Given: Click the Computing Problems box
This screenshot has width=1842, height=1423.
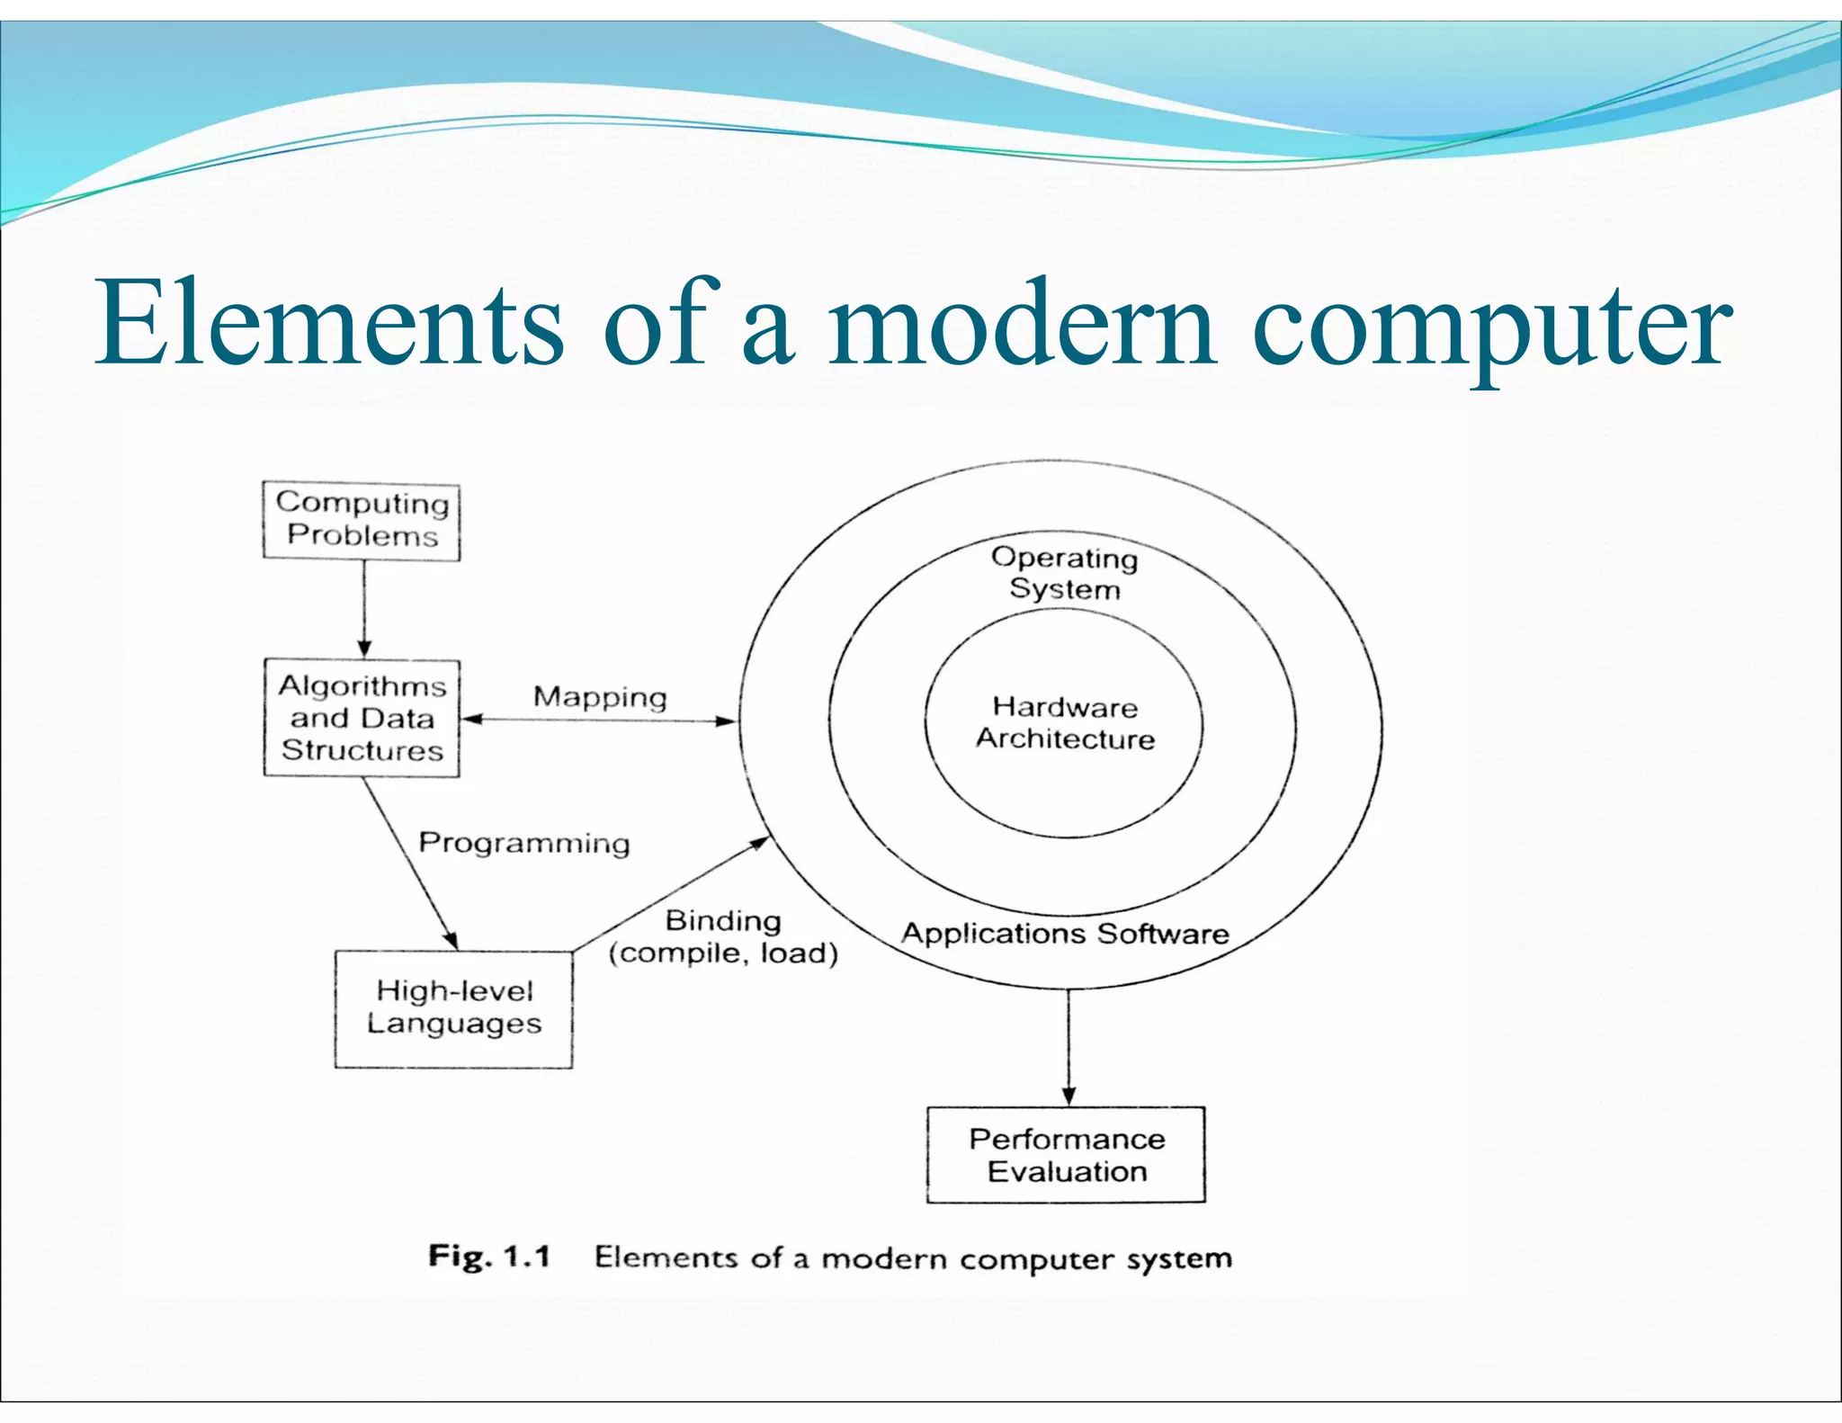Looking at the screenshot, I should [x=362, y=521].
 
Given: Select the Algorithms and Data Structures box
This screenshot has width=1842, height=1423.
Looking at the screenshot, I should [x=362, y=718].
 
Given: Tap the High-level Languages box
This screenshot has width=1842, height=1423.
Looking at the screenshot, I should [x=453, y=1008].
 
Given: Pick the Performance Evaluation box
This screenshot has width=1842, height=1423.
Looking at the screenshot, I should [x=1066, y=1155].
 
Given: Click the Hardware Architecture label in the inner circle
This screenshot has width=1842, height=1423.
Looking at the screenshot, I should [x=1065, y=722].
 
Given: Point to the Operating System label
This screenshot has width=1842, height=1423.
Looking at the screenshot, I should [x=1065, y=573].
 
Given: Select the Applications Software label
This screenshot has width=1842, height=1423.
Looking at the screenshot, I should [x=1065, y=933].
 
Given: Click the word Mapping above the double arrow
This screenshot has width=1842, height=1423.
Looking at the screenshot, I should [x=600, y=697].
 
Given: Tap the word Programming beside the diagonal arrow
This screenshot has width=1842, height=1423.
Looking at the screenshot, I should [x=524, y=843].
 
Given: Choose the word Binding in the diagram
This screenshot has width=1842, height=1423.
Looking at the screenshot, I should [x=723, y=920].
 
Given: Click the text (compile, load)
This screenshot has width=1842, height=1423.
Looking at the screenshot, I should [x=723, y=953].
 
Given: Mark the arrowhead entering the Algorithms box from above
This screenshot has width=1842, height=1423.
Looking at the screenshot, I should [x=364, y=649].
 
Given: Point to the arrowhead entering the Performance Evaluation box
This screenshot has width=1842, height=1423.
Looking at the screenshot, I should [x=1069, y=1096].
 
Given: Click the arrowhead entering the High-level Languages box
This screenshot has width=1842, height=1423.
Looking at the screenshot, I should [x=452, y=940].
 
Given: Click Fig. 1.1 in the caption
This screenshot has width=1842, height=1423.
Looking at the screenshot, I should [x=489, y=1256].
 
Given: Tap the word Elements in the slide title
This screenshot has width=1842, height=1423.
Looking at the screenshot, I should [x=329, y=324].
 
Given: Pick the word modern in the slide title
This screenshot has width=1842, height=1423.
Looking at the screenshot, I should [x=1022, y=324].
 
